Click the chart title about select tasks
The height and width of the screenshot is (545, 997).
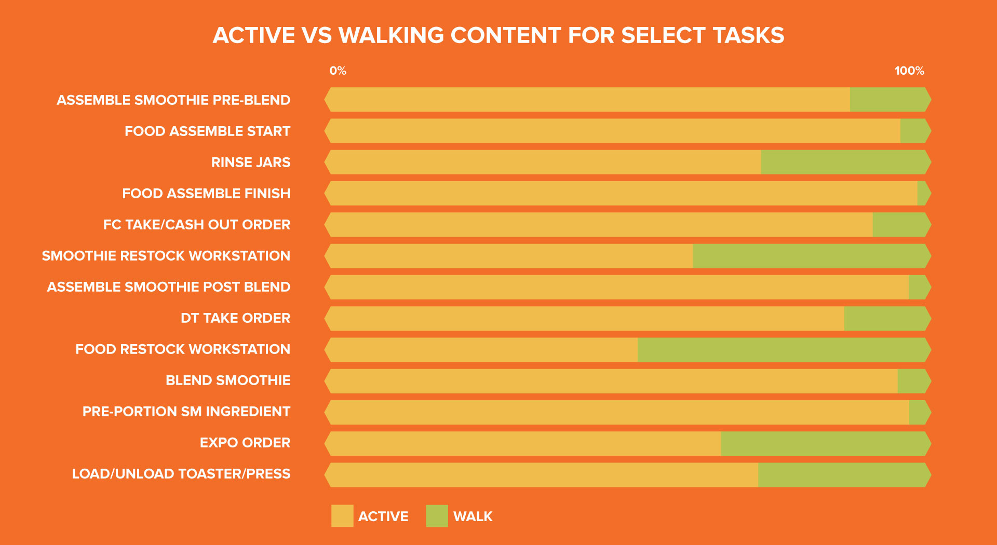coord(498,35)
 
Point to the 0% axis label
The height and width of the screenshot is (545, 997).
coord(338,71)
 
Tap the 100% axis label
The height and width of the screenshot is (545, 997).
coord(909,71)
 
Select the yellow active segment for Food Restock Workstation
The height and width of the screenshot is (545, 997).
coord(481,350)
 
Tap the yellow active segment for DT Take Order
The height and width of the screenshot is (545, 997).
coord(585,319)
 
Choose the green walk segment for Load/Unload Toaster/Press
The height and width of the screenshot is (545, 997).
coord(844,475)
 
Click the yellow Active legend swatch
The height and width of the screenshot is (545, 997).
coord(342,516)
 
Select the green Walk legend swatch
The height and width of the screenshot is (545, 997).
coord(437,516)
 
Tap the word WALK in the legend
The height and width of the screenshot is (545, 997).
coord(473,516)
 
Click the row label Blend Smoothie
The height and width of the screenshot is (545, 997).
coord(228,380)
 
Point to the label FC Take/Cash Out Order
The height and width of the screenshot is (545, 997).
coord(197,225)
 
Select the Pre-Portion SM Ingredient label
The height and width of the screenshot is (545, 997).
coord(186,412)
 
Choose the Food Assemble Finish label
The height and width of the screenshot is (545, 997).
coord(206,194)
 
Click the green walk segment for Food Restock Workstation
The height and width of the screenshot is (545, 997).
coord(784,350)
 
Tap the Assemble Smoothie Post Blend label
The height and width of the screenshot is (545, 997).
coord(169,287)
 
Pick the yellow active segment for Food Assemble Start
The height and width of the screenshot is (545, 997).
coord(613,131)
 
